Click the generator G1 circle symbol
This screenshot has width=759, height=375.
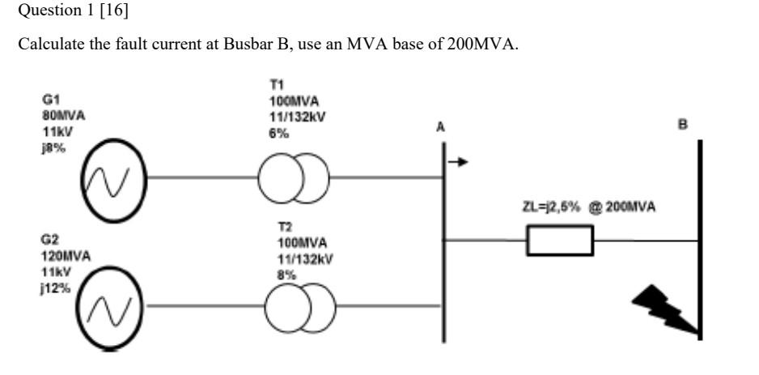tap(112, 177)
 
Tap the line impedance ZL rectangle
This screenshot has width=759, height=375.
tap(559, 240)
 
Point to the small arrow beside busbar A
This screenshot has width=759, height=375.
tap(458, 162)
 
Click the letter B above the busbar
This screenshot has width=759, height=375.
tap(682, 126)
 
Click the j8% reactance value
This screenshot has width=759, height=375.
tap(53, 142)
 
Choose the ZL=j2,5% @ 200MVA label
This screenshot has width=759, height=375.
tap(588, 208)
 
